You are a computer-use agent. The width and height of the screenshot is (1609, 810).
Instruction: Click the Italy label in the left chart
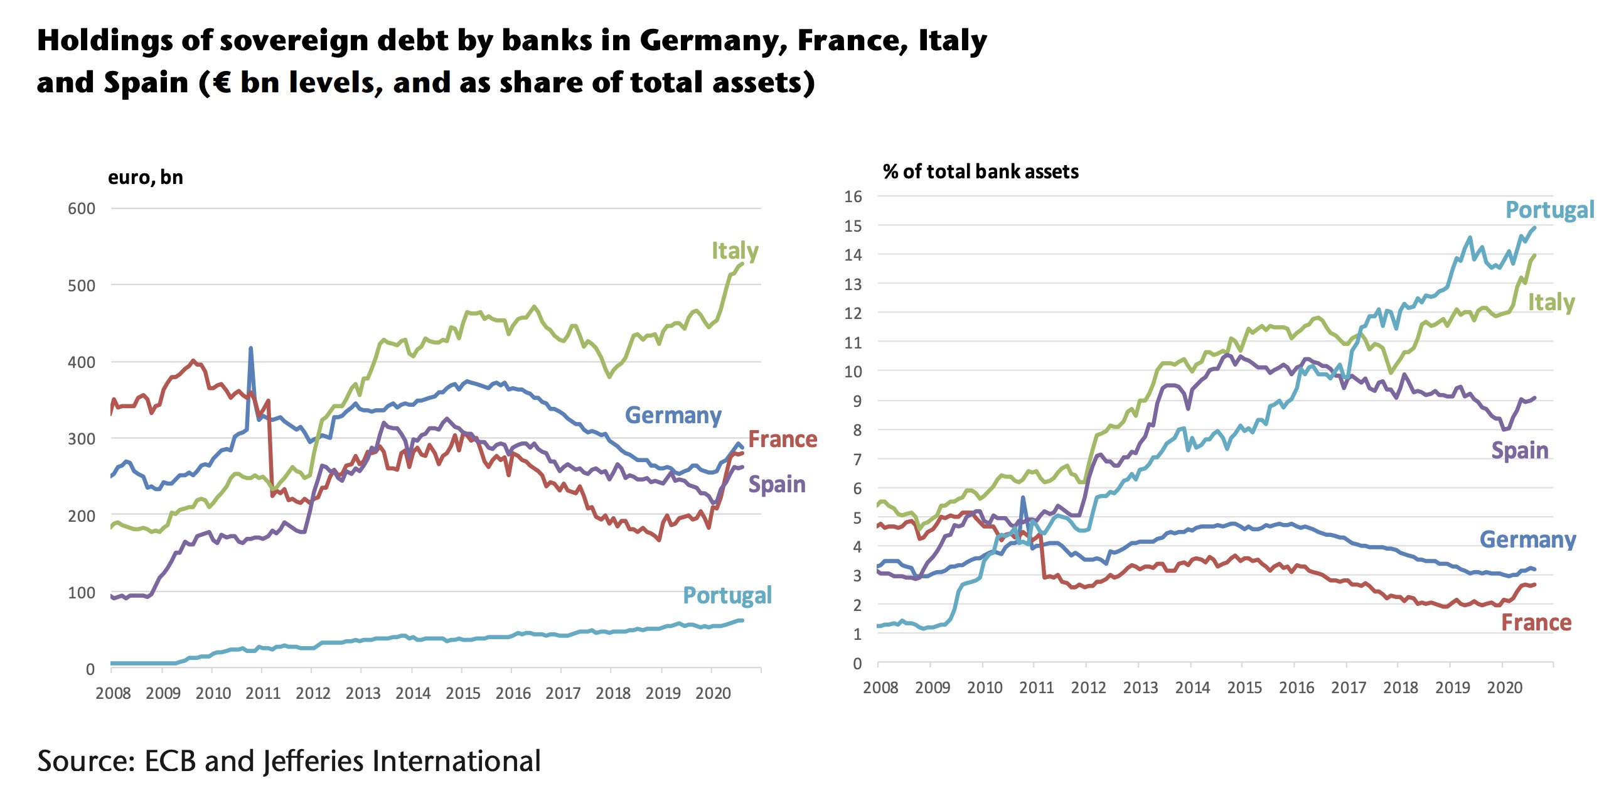[x=734, y=251]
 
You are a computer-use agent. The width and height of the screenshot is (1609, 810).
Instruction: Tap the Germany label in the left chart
[x=673, y=415]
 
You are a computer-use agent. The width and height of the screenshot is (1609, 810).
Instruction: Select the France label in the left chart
[x=782, y=439]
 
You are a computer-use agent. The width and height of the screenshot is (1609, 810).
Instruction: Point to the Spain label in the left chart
[x=776, y=484]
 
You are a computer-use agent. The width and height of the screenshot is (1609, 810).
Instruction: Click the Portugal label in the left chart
[x=727, y=595]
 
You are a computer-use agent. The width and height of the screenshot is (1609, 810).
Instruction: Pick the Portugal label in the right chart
[x=1549, y=210]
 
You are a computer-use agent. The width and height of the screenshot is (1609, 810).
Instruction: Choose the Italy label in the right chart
[x=1551, y=302]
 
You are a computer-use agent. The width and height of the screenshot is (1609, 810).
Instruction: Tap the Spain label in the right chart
[x=1519, y=450]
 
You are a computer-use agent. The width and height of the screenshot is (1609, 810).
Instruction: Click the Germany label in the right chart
[x=1527, y=539]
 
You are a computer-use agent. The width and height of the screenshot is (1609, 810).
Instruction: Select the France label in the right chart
[x=1536, y=622]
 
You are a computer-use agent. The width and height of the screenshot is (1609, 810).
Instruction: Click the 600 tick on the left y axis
[x=82, y=208]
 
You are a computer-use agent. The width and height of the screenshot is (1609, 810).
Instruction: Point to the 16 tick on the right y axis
[x=853, y=197]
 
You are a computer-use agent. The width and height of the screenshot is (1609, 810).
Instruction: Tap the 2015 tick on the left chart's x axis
[x=462, y=693]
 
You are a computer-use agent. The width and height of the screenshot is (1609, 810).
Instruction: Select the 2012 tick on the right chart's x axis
[x=1088, y=688]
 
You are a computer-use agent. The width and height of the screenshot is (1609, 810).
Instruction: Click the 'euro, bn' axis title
[x=146, y=178]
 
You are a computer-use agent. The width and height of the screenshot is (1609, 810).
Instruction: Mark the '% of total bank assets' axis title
[x=980, y=171]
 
